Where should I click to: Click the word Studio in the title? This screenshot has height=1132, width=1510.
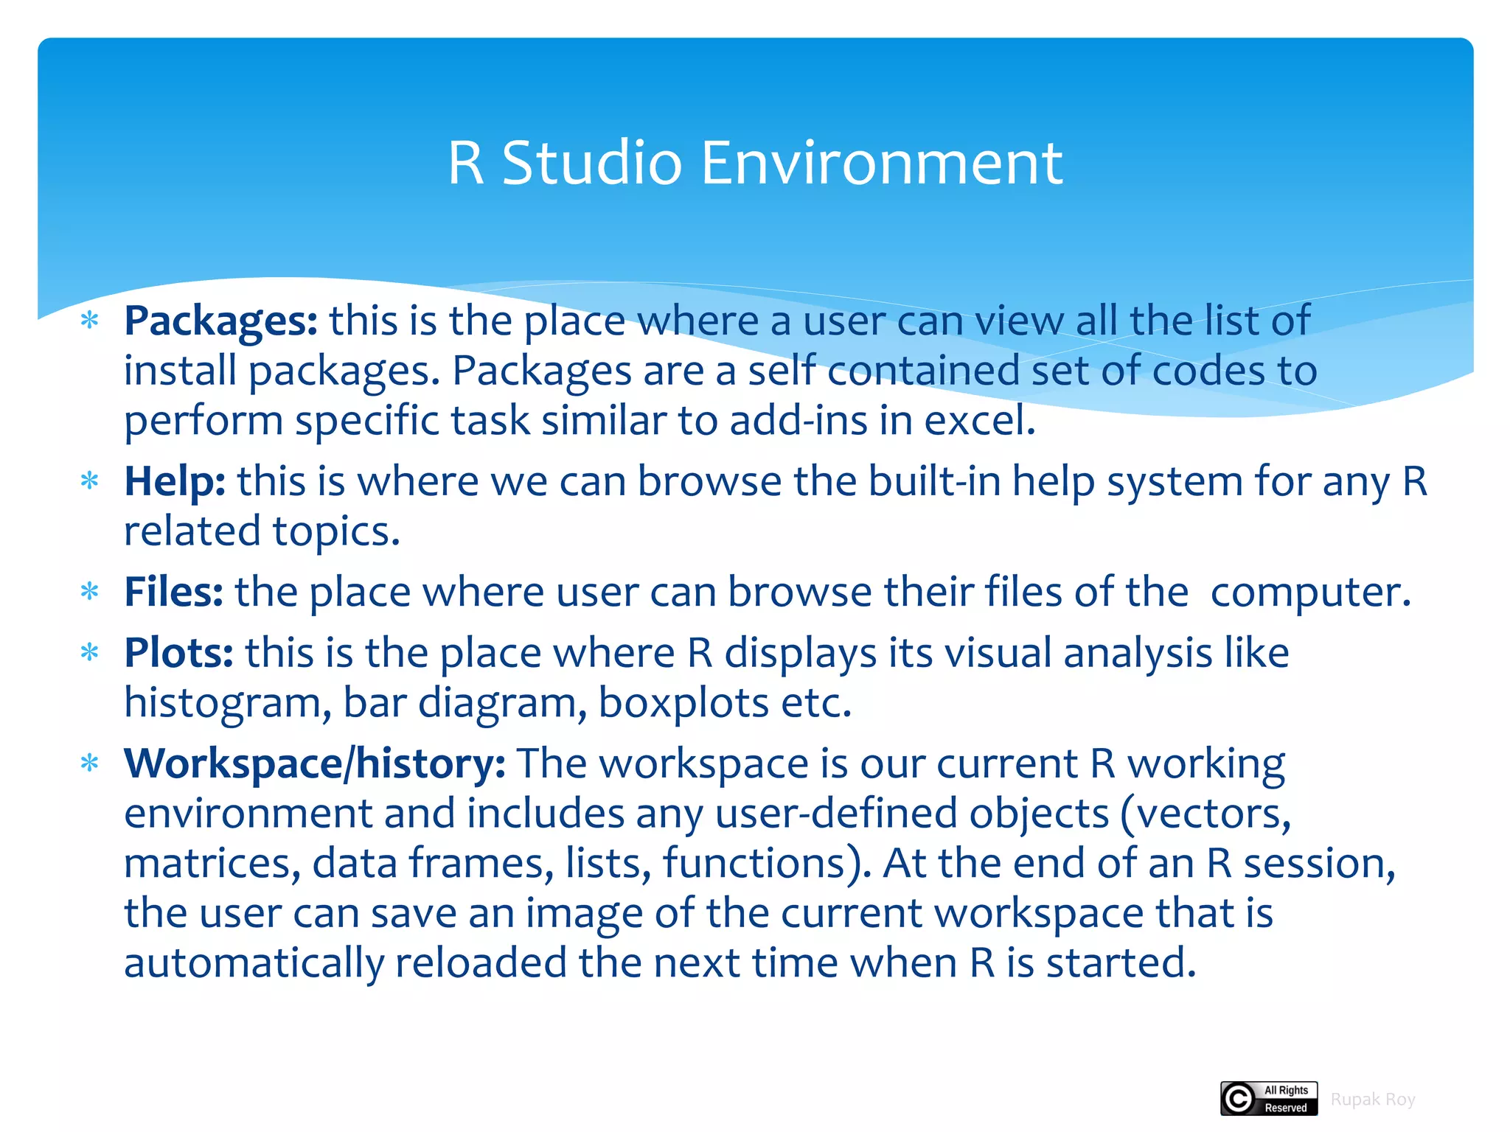click(592, 163)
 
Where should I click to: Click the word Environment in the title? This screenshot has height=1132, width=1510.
click(882, 163)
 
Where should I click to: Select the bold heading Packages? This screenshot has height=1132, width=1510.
click(220, 321)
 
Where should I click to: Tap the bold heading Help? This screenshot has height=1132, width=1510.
click(175, 481)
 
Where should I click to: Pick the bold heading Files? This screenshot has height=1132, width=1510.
click(173, 592)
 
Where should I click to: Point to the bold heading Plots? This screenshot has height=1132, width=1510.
click(178, 653)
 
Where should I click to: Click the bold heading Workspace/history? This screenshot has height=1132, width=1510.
click(315, 764)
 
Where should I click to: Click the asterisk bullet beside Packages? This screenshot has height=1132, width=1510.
click(90, 321)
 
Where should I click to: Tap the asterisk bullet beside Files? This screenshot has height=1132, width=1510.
click(90, 592)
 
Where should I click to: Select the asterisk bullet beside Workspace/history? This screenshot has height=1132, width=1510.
click(90, 764)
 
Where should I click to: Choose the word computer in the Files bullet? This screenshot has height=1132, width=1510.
click(1310, 592)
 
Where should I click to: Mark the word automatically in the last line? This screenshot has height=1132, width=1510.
click(253, 963)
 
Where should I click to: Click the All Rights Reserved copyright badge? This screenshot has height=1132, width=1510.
click(1269, 1099)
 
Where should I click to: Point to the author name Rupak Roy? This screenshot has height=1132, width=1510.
click(1373, 1100)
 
